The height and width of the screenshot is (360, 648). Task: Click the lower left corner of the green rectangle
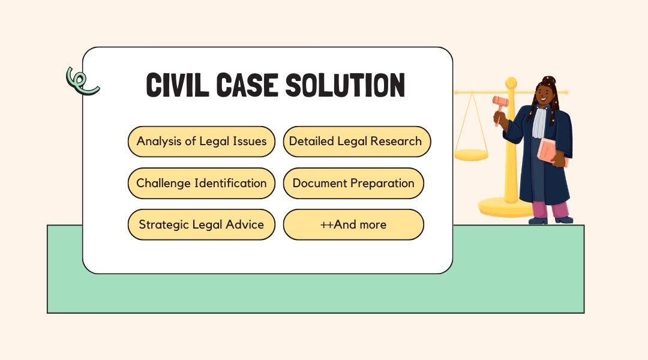pos(47,313)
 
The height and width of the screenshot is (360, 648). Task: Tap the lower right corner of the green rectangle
pos(584,313)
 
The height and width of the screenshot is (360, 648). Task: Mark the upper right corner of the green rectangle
pos(584,225)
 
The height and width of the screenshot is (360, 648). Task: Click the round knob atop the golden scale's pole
pos(511,83)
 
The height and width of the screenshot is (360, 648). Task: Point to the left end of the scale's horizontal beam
pos(455,92)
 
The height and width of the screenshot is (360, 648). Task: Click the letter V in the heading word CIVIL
pos(184,85)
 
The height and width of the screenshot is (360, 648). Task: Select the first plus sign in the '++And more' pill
pos(323,225)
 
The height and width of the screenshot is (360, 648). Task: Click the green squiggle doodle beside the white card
pos(82,81)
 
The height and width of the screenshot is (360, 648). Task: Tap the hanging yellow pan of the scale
pos(471,155)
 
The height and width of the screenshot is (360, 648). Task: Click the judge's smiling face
pos(545,94)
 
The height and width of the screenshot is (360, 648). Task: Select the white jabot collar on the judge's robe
pos(539,121)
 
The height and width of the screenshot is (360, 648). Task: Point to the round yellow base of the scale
pos(505,207)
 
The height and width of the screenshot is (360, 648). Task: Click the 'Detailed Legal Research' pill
pos(357,142)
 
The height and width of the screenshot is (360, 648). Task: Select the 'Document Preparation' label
pos(353,183)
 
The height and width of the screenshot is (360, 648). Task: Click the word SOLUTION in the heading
pos(345,85)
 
